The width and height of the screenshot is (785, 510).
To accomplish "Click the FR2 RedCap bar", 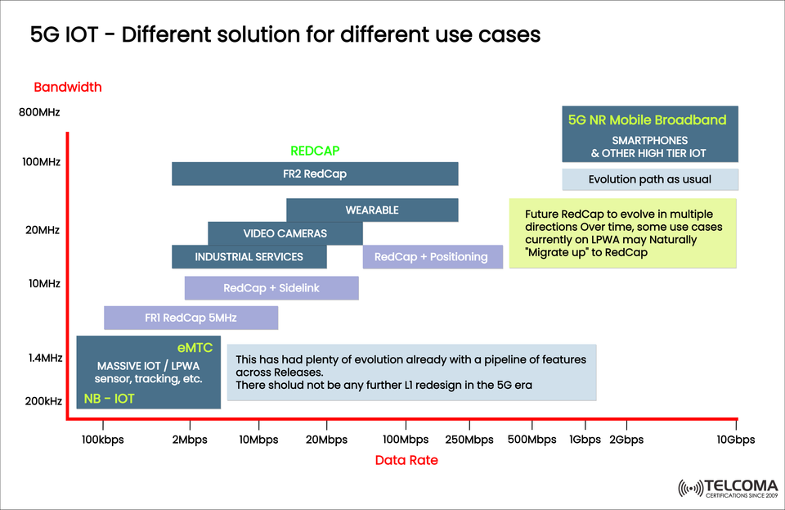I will [x=315, y=174].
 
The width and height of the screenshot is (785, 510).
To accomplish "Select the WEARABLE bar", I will [x=372, y=210].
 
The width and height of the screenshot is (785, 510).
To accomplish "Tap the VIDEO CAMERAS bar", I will [x=285, y=233].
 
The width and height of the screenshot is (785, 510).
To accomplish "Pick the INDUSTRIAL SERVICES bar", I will [x=249, y=257].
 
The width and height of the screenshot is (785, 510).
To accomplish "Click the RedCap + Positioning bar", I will [x=431, y=257].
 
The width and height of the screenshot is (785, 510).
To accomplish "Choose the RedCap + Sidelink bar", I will [x=271, y=288].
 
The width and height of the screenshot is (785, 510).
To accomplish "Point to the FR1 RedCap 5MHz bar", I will [x=191, y=318].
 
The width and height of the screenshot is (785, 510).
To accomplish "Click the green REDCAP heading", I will [x=315, y=151].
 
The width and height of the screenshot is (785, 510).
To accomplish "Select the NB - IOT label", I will [x=110, y=399].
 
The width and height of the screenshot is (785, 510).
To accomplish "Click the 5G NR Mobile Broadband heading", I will [x=647, y=120].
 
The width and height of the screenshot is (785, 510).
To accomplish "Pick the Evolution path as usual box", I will [x=650, y=179].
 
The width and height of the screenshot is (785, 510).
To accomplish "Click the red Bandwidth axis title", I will [x=67, y=87].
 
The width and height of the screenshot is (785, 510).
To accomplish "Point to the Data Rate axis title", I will [x=406, y=460].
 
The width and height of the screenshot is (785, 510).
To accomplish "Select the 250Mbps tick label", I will [x=469, y=440].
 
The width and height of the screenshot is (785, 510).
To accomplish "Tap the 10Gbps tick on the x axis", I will [x=735, y=440].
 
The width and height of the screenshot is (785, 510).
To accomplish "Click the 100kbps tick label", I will [x=103, y=440].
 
